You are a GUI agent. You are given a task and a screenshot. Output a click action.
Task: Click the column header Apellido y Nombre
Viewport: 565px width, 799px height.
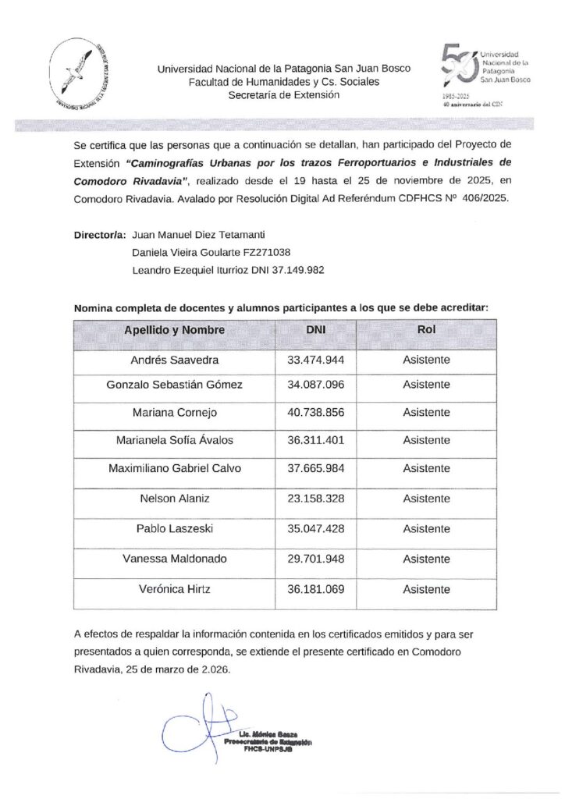coord(174,330)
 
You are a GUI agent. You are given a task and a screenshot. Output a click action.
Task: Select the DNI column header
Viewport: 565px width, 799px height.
coord(316,330)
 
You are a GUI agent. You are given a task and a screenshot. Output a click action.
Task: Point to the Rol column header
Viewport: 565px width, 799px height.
coord(426,330)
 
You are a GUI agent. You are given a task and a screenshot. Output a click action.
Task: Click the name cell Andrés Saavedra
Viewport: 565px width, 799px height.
coord(174,360)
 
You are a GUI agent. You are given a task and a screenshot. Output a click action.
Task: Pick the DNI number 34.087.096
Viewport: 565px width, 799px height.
coord(316,385)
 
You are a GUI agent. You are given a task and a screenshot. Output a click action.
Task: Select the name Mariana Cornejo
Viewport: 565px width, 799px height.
coord(174,413)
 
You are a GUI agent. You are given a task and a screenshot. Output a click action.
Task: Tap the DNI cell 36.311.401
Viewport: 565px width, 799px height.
coord(316,440)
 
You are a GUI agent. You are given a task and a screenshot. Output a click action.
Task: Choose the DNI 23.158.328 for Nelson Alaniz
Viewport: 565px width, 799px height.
coord(316,498)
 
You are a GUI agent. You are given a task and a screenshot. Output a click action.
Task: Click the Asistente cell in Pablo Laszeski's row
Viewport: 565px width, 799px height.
coord(426,528)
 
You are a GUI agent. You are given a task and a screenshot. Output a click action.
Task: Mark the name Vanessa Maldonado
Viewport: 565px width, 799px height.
coord(174,558)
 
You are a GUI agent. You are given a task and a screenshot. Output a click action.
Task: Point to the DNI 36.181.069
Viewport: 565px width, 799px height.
coord(316,590)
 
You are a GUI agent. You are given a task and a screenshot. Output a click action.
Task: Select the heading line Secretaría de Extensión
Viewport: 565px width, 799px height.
coord(284,95)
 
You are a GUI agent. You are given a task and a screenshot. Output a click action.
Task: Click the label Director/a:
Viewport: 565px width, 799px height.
coord(98,234)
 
